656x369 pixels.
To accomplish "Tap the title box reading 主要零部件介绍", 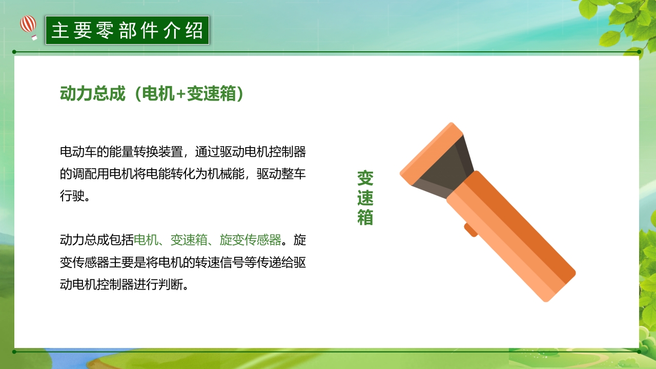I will click(x=127, y=30).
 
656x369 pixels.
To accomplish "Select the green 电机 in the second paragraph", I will click(x=146, y=240).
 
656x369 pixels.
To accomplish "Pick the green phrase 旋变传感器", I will click(x=250, y=240).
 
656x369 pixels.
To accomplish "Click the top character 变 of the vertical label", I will click(x=365, y=178).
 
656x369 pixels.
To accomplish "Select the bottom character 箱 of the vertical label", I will click(x=365, y=217).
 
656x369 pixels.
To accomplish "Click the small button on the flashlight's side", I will click(x=471, y=230).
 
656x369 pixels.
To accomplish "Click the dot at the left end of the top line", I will click(x=14, y=52).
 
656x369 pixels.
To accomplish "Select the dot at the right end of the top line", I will click(x=639, y=52).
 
